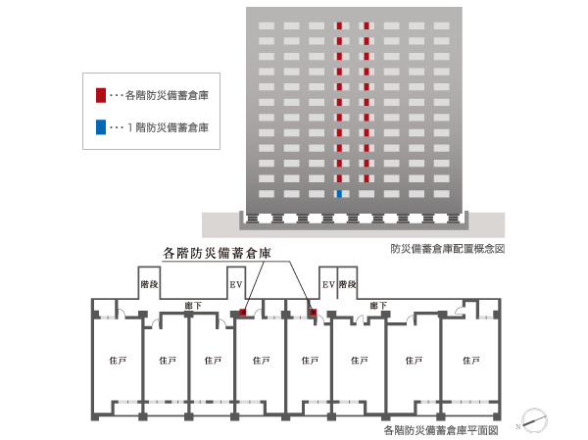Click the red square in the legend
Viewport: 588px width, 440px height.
100,95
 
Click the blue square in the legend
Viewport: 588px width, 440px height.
100,127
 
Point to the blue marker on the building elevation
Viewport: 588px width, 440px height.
338,195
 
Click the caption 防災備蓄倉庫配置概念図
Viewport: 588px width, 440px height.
446,249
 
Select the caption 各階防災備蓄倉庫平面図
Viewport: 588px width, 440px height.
441,429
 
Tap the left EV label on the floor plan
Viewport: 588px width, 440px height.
235,284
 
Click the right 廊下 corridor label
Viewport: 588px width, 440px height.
377,306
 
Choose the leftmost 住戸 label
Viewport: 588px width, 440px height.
116,361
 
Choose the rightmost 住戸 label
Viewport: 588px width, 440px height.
467,361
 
